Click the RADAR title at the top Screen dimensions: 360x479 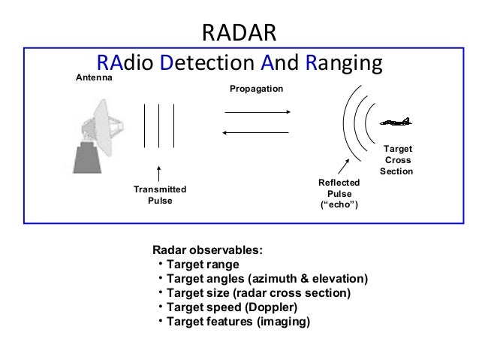click(x=240, y=32)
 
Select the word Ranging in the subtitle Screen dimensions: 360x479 click(x=345, y=62)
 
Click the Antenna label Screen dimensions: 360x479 click(x=95, y=78)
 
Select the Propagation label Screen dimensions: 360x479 click(x=256, y=89)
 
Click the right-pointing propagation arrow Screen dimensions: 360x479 click(x=258, y=113)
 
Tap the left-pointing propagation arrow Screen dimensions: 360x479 click(x=258, y=133)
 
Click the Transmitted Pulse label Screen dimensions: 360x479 click(x=159, y=195)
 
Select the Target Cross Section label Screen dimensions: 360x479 click(x=396, y=161)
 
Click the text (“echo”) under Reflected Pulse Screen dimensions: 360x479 click(x=339, y=206)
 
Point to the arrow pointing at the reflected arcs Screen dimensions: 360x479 click(x=342, y=166)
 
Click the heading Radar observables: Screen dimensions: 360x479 click(x=208, y=250)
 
